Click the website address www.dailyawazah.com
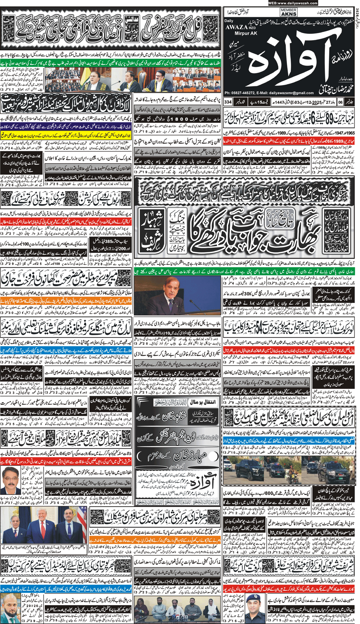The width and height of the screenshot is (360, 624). coord(293,3)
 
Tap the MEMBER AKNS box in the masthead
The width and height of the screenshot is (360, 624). coord(288,13)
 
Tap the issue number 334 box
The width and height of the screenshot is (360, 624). coord(228,102)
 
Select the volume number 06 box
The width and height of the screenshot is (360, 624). coord(340,102)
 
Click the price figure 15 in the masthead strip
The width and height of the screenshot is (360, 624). coord(263,102)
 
